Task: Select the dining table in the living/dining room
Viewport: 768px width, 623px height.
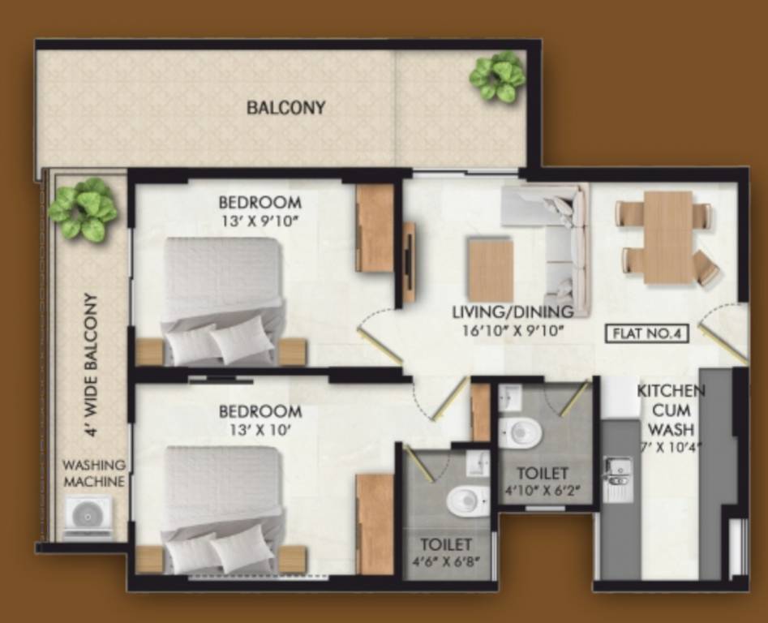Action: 668,237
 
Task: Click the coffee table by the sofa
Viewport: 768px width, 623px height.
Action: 491,269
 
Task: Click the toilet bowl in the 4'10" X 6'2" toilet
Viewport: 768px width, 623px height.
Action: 520,432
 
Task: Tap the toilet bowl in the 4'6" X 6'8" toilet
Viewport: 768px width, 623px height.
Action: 467,500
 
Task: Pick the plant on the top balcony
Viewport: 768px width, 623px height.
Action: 497,76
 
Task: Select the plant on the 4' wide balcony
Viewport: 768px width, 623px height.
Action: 83,209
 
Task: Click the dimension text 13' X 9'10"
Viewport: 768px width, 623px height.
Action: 260,220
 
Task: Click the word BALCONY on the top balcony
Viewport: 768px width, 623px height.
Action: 286,107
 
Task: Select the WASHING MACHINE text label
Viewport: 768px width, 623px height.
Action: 95,474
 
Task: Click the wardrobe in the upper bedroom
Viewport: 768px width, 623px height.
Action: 375,228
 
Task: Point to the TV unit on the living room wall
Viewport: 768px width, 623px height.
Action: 410,262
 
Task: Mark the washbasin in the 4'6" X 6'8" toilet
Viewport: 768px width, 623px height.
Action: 478,462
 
